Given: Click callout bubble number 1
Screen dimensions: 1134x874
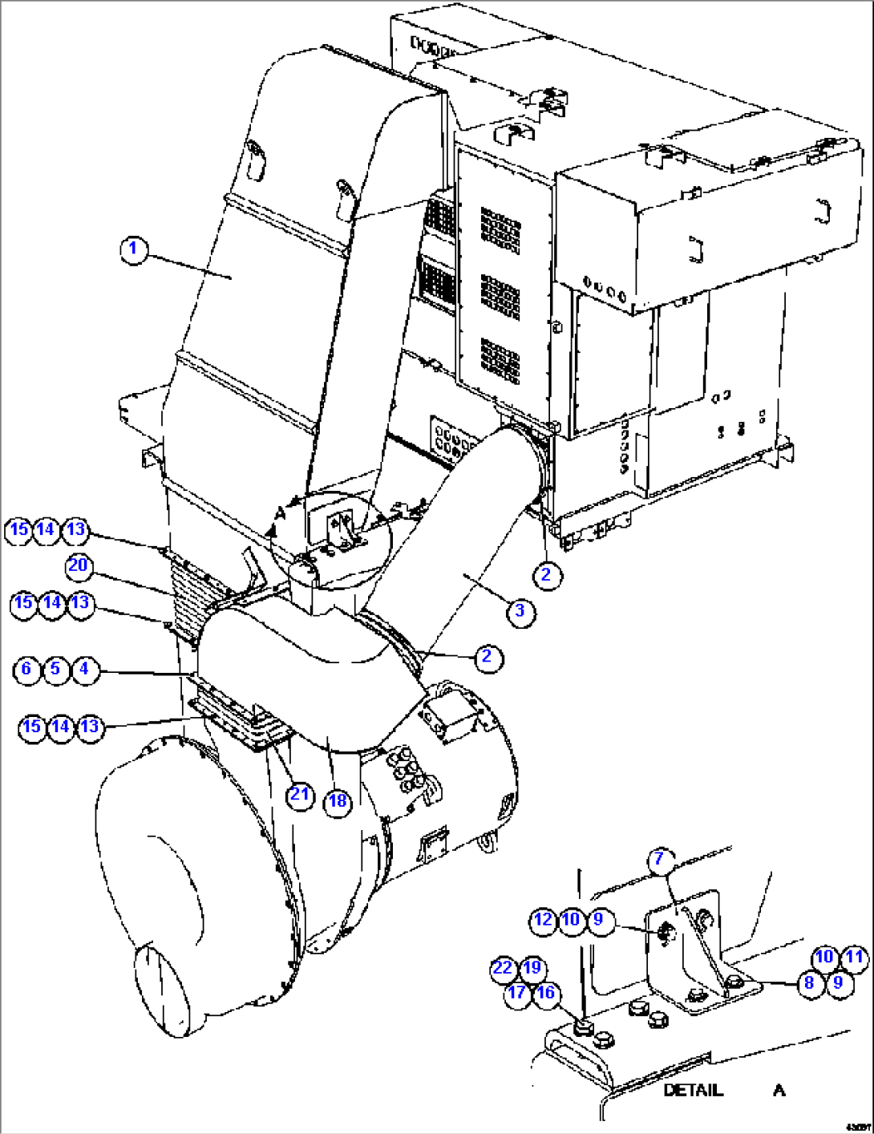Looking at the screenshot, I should point(134,249).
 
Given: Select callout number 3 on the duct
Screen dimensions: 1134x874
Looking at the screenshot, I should point(520,611).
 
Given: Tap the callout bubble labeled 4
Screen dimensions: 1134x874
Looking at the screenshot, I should point(85,670).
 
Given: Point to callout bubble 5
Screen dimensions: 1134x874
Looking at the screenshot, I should point(55,670).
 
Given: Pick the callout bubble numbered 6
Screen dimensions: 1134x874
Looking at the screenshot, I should point(26,670).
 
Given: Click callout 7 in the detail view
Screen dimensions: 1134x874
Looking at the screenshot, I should point(659,859).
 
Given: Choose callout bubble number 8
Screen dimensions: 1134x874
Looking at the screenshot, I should point(810,983).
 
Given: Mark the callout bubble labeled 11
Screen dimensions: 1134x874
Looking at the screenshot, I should point(855,957).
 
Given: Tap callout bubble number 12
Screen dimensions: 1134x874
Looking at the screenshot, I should point(543,920).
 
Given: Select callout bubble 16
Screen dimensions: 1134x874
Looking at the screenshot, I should point(545,993).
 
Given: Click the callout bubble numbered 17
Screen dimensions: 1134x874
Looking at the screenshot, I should point(517,993).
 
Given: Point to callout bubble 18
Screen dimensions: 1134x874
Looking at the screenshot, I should point(338,801).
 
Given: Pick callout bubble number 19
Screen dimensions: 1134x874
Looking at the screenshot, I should point(532,968).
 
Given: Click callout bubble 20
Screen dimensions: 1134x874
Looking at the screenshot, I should point(78,566).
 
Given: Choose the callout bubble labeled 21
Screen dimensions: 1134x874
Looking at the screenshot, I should point(300,795).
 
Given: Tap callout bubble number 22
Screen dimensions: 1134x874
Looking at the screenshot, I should point(503,968).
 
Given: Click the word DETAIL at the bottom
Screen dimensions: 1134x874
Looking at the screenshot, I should point(693,1091).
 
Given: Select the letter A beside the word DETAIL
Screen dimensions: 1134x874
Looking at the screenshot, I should point(779,1091).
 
